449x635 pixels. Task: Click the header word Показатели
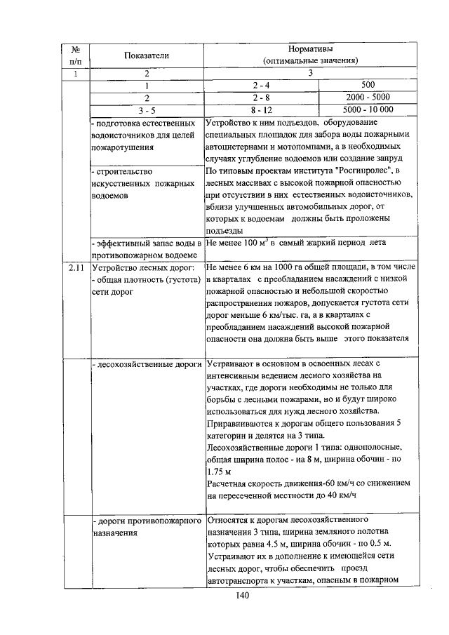tap(147, 55)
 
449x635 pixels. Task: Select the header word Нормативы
tap(310, 49)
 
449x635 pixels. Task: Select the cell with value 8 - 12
tap(261, 109)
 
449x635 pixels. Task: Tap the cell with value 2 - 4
tap(261, 85)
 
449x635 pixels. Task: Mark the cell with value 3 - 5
tap(147, 109)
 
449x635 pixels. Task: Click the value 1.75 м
tap(220, 472)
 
